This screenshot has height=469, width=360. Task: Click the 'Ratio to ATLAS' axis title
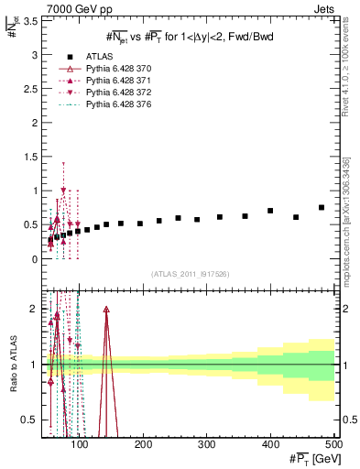coord(12,365)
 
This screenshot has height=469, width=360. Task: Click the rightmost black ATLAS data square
coord(322,208)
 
